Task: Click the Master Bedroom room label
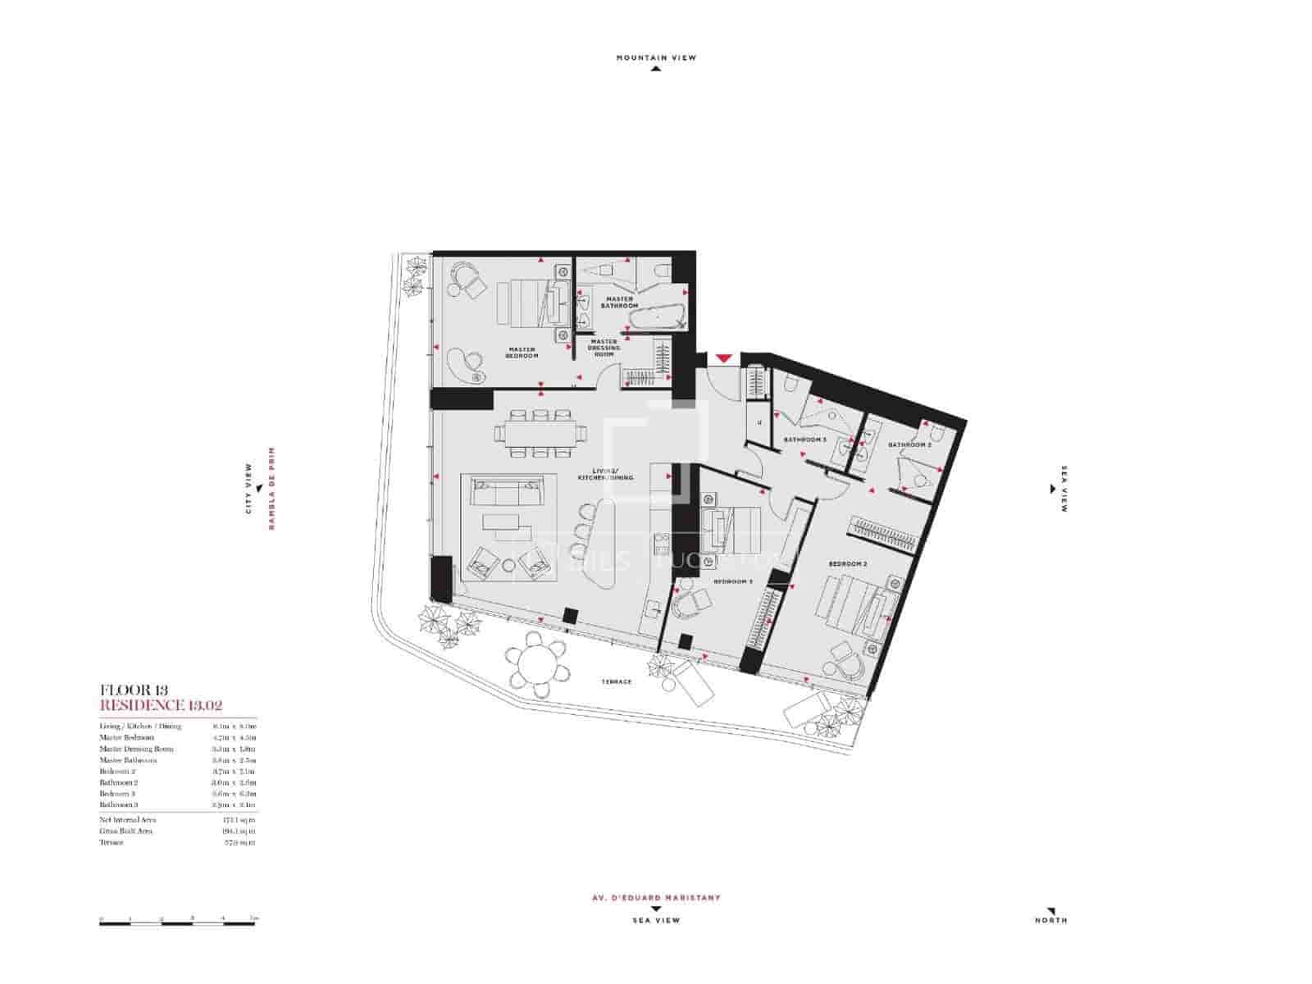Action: click(522, 353)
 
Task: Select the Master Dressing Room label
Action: click(604, 348)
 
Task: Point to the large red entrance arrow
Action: click(722, 358)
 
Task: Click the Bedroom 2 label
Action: click(847, 564)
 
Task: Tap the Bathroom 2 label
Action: click(909, 445)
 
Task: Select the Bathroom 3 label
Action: click(804, 440)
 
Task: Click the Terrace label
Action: click(616, 681)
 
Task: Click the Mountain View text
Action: click(656, 58)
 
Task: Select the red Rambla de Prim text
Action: click(271, 488)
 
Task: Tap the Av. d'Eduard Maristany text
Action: click(656, 897)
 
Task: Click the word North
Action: click(1050, 920)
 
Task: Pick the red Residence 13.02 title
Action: click(162, 704)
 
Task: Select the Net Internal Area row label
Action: click(127, 819)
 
